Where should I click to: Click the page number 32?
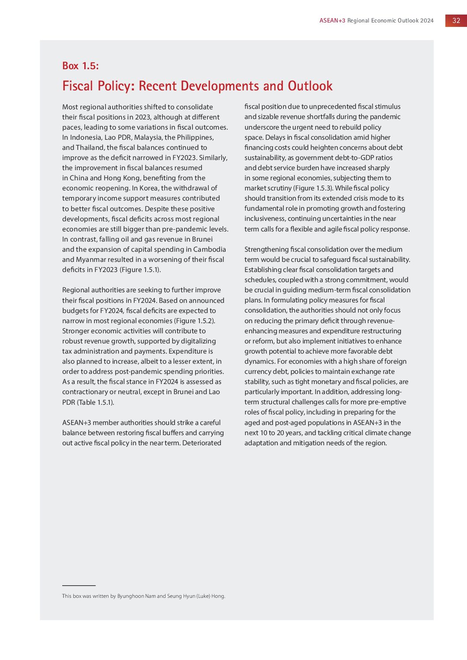456,21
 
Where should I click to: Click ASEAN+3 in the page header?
332,21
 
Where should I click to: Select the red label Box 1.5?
80,66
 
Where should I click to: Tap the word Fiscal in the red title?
78,86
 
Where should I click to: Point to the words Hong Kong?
120,178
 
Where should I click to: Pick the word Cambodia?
209,250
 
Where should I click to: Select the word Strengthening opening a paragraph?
266,250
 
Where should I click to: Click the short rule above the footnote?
79,585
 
